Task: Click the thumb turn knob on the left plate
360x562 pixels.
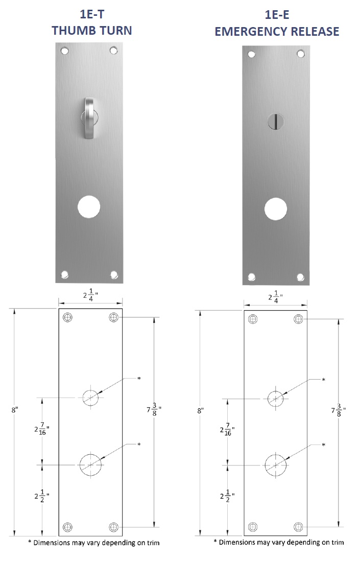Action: [89, 117]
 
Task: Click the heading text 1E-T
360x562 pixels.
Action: [92, 15]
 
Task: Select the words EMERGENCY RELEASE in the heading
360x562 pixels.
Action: [277, 32]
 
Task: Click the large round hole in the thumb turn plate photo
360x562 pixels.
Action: [89, 207]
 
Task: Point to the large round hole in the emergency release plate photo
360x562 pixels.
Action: [275, 208]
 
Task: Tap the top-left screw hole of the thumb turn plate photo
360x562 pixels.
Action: [64, 51]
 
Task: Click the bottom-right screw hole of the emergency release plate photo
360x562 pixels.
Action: [300, 277]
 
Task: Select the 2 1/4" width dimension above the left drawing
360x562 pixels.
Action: [90, 295]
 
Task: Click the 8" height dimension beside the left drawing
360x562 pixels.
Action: [14, 410]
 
